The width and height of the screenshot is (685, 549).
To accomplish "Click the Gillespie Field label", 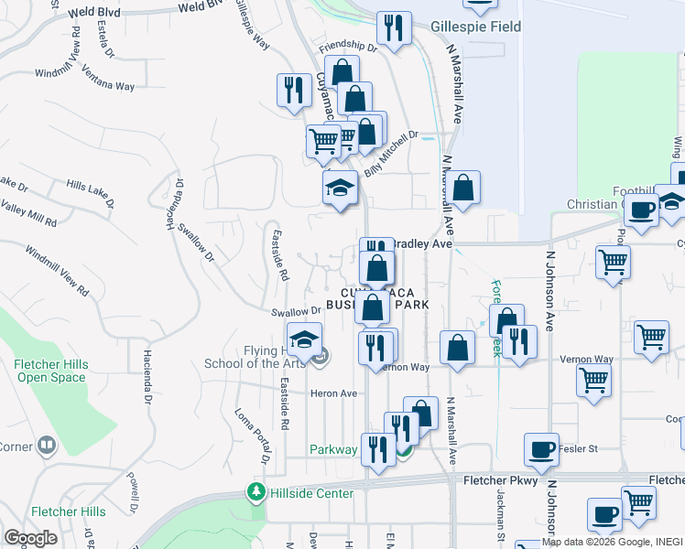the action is (475, 27).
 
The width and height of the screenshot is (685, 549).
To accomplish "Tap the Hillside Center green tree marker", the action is (256, 493).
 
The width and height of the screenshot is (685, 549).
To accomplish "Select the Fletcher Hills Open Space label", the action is (51, 371).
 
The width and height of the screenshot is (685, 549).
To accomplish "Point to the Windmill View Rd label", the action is (56, 270).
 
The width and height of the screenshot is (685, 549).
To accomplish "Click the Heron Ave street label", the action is (334, 393).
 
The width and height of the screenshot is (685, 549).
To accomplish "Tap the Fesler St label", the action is (578, 449).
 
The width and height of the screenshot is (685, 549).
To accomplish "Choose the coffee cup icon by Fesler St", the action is (541, 448).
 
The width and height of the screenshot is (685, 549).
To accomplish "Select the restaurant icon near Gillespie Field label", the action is (394, 28).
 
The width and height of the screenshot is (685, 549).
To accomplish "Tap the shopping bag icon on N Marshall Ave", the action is (464, 188).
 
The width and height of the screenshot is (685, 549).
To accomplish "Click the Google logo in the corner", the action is (30, 538).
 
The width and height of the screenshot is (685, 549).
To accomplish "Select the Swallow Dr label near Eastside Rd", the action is (296, 312).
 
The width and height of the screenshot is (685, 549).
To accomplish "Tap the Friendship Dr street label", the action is (347, 45).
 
